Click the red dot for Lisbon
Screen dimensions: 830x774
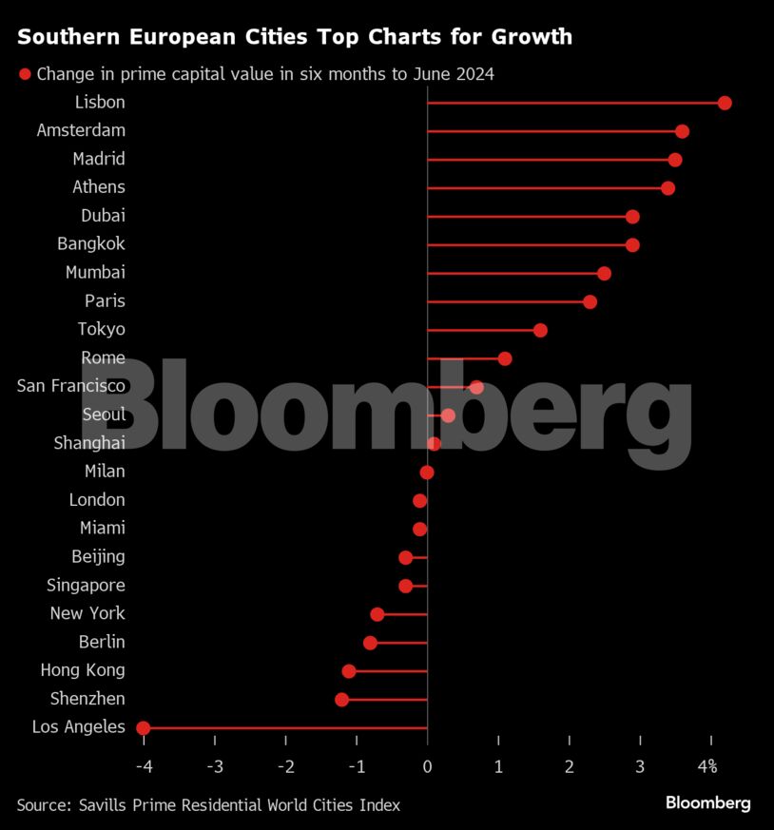[725, 103]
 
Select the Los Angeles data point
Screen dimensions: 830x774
[144, 728]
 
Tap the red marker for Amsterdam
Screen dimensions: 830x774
[682, 131]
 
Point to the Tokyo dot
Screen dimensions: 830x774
[540, 330]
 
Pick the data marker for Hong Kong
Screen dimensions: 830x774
[349, 671]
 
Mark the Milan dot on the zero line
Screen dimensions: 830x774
[427, 473]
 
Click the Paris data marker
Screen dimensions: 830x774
[590, 301]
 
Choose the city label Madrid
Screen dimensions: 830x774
[99, 159]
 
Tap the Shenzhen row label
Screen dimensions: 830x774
[87, 699]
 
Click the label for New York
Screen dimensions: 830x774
[87, 613]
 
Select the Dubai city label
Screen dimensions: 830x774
[103, 216]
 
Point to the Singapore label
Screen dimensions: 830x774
[86, 585]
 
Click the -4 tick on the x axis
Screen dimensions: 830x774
[144, 766]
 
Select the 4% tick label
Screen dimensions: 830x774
[707, 766]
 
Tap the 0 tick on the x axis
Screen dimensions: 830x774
[428, 766]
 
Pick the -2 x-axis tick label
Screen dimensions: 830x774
[285, 766]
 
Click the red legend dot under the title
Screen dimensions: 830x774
[25, 74]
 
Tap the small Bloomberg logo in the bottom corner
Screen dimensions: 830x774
[707, 803]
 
